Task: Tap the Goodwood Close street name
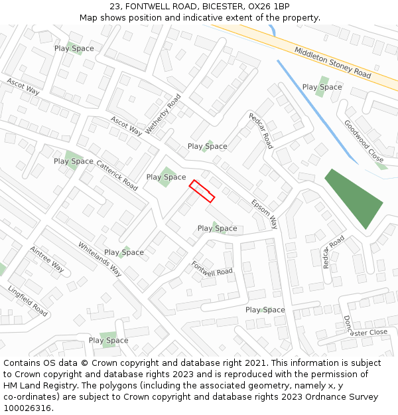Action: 364,141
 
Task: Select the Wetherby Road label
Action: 163,114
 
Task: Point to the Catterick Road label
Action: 117,175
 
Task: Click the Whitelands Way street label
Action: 100,258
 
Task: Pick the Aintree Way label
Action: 47,258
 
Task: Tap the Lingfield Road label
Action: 28,301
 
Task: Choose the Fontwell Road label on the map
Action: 212,268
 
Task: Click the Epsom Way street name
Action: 265,214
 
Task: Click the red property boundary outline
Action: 202,191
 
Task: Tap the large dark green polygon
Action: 354,197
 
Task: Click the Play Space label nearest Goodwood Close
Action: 322,87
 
